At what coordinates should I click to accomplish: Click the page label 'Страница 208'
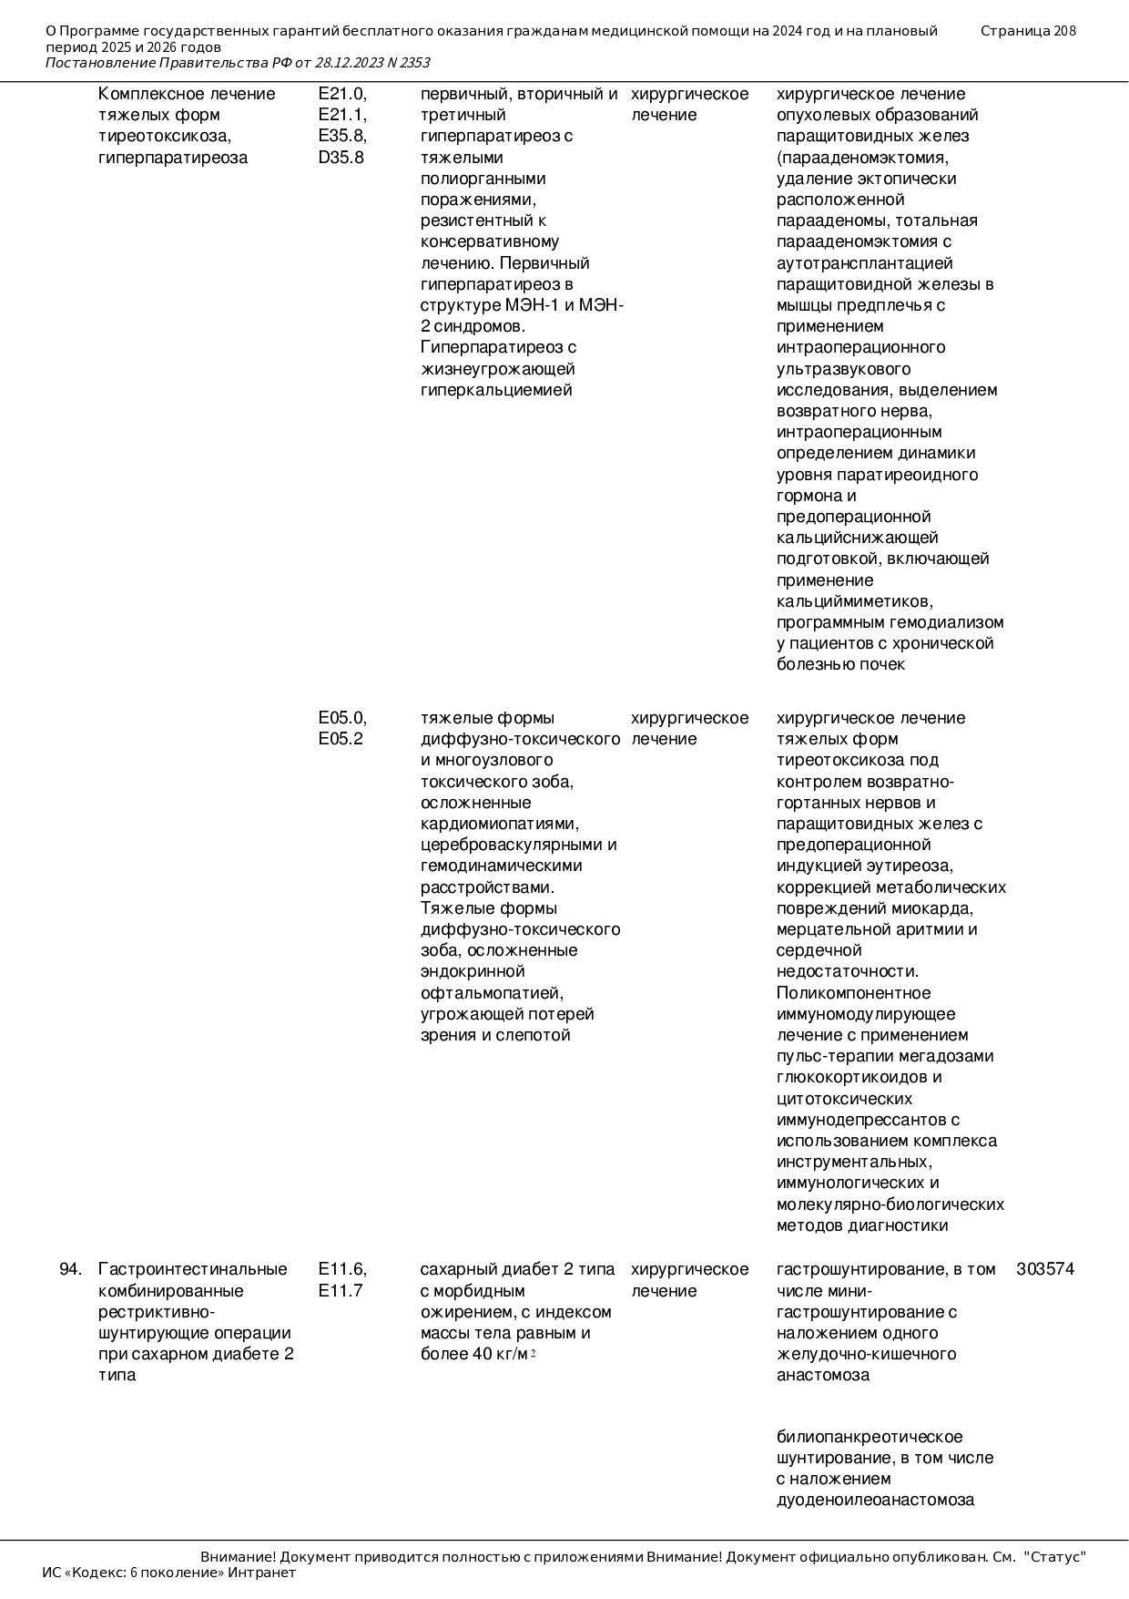point(1028,31)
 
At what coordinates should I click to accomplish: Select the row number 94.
point(70,1269)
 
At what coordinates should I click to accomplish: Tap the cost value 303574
point(1045,1269)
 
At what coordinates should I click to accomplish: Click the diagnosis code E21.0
point(342,94)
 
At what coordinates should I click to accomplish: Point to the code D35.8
point(341,158)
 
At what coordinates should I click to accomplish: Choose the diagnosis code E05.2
point(341,739)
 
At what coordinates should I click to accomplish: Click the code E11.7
point(341,1291)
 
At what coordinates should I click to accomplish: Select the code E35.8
point(342,136)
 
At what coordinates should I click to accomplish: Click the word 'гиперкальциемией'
point(496,390)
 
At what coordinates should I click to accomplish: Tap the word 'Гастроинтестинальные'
point(193,1269)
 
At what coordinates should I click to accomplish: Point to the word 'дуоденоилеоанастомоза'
point(875,1500)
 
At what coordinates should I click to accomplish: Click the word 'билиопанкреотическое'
point(870,1437)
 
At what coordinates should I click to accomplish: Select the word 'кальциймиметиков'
point(854,601)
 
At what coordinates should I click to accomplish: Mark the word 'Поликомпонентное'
point(854,993)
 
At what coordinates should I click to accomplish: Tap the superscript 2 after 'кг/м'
point(533,1353)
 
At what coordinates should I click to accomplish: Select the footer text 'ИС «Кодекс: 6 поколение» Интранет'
point(169,1573)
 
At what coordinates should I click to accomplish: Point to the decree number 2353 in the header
point(414,63)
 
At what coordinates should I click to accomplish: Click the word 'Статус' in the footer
point(1055,1557)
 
